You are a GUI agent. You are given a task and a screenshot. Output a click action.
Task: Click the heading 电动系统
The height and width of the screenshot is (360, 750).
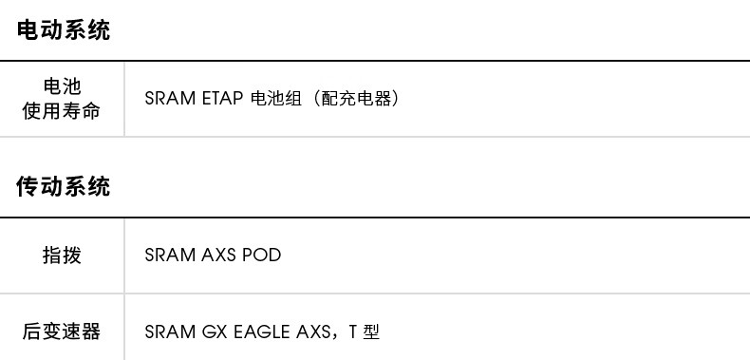(x=64, y=29)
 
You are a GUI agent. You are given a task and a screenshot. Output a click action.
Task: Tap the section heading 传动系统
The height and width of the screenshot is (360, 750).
(x=64, y=186)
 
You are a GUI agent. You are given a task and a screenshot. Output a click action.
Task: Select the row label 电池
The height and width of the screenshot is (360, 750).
(x=62, y=86)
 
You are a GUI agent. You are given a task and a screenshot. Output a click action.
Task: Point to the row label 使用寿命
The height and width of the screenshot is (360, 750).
(x=62, y=111)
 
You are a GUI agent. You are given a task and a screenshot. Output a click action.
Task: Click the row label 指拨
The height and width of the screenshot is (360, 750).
(x=62, y=256)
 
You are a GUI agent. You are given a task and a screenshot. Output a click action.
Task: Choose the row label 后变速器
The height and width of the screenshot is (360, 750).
(x=62, y=332)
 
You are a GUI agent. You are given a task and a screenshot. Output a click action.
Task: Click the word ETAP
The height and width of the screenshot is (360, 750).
(x=222, y=99)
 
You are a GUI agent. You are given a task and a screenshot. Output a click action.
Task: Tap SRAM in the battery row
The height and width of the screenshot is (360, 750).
(x=170, y=99)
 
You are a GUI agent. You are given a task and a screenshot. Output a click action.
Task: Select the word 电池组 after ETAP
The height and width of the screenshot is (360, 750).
(x=276, y=99)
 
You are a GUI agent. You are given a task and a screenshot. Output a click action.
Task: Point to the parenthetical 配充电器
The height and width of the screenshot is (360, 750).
(x=357, y=99)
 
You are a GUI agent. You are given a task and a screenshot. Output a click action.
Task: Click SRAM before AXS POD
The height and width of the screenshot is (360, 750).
(x=170, y=255)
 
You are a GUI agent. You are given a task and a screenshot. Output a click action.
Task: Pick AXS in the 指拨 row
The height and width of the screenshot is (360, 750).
(x=218, y=255)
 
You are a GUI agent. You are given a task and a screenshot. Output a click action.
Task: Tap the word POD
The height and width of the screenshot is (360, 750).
(x=262, y=255)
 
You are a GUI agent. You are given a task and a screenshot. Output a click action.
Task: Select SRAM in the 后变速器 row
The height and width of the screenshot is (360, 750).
(x=170, y=332)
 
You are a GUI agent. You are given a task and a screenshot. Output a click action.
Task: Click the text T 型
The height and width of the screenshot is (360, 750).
(x=365, y=332)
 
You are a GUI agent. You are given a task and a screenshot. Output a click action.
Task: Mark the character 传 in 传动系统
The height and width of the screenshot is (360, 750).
(x=28, y=186)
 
